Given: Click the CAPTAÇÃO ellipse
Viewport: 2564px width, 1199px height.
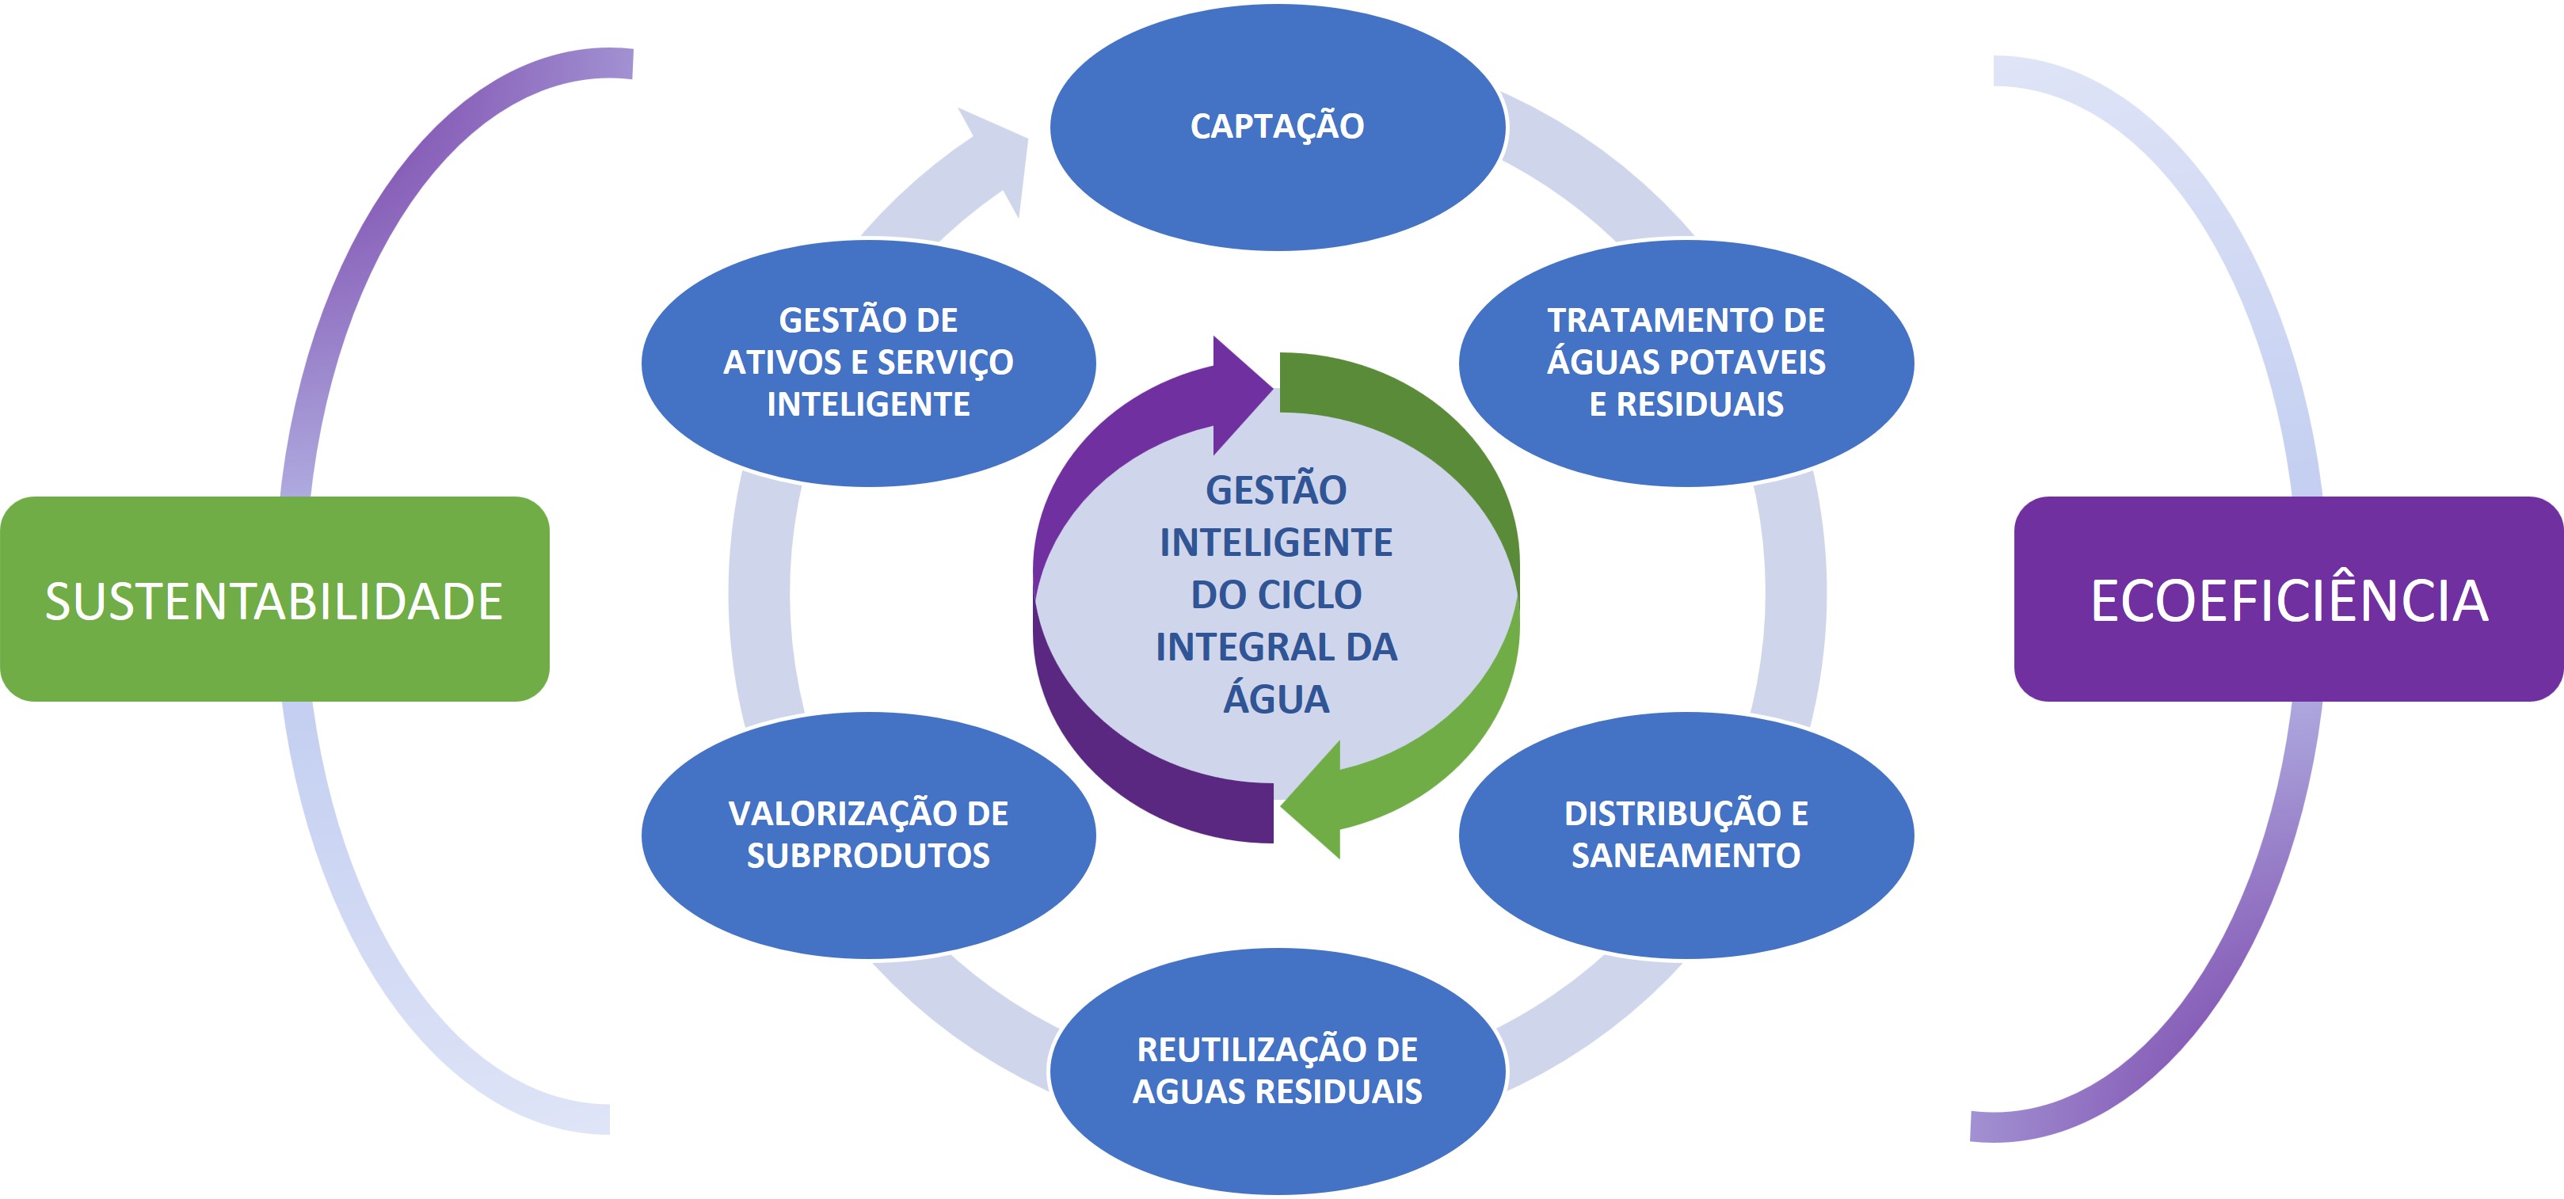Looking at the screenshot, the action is [1278, 127].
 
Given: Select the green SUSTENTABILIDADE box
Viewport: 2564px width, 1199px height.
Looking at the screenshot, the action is [275, 599].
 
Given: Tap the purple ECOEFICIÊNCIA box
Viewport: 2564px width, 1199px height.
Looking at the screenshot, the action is [2288, 599].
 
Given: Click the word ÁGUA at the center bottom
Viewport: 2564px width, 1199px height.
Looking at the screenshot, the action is [1277, 698].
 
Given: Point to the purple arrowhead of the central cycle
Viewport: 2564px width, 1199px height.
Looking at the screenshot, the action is [1242, 395].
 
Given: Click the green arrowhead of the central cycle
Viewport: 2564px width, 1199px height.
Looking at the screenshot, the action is [1310, 800].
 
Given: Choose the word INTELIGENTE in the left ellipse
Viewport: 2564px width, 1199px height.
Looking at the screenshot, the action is [869, 404].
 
